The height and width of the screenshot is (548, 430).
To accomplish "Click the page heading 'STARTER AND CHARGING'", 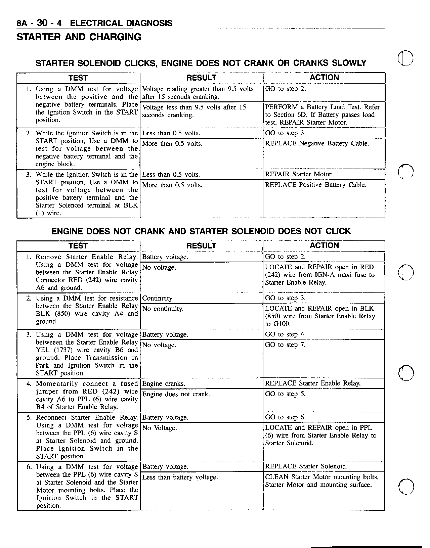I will click(79, 37).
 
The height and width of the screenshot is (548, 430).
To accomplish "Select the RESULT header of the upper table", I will click(201, 78).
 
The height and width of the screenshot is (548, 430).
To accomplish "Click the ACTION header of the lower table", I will click(324, 246).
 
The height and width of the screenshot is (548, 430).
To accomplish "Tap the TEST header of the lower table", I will click(78, 246).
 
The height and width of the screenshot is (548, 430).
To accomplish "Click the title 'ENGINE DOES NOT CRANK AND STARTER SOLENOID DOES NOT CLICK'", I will click(201, 231).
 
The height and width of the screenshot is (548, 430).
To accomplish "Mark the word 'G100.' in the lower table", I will click(282, 324).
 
